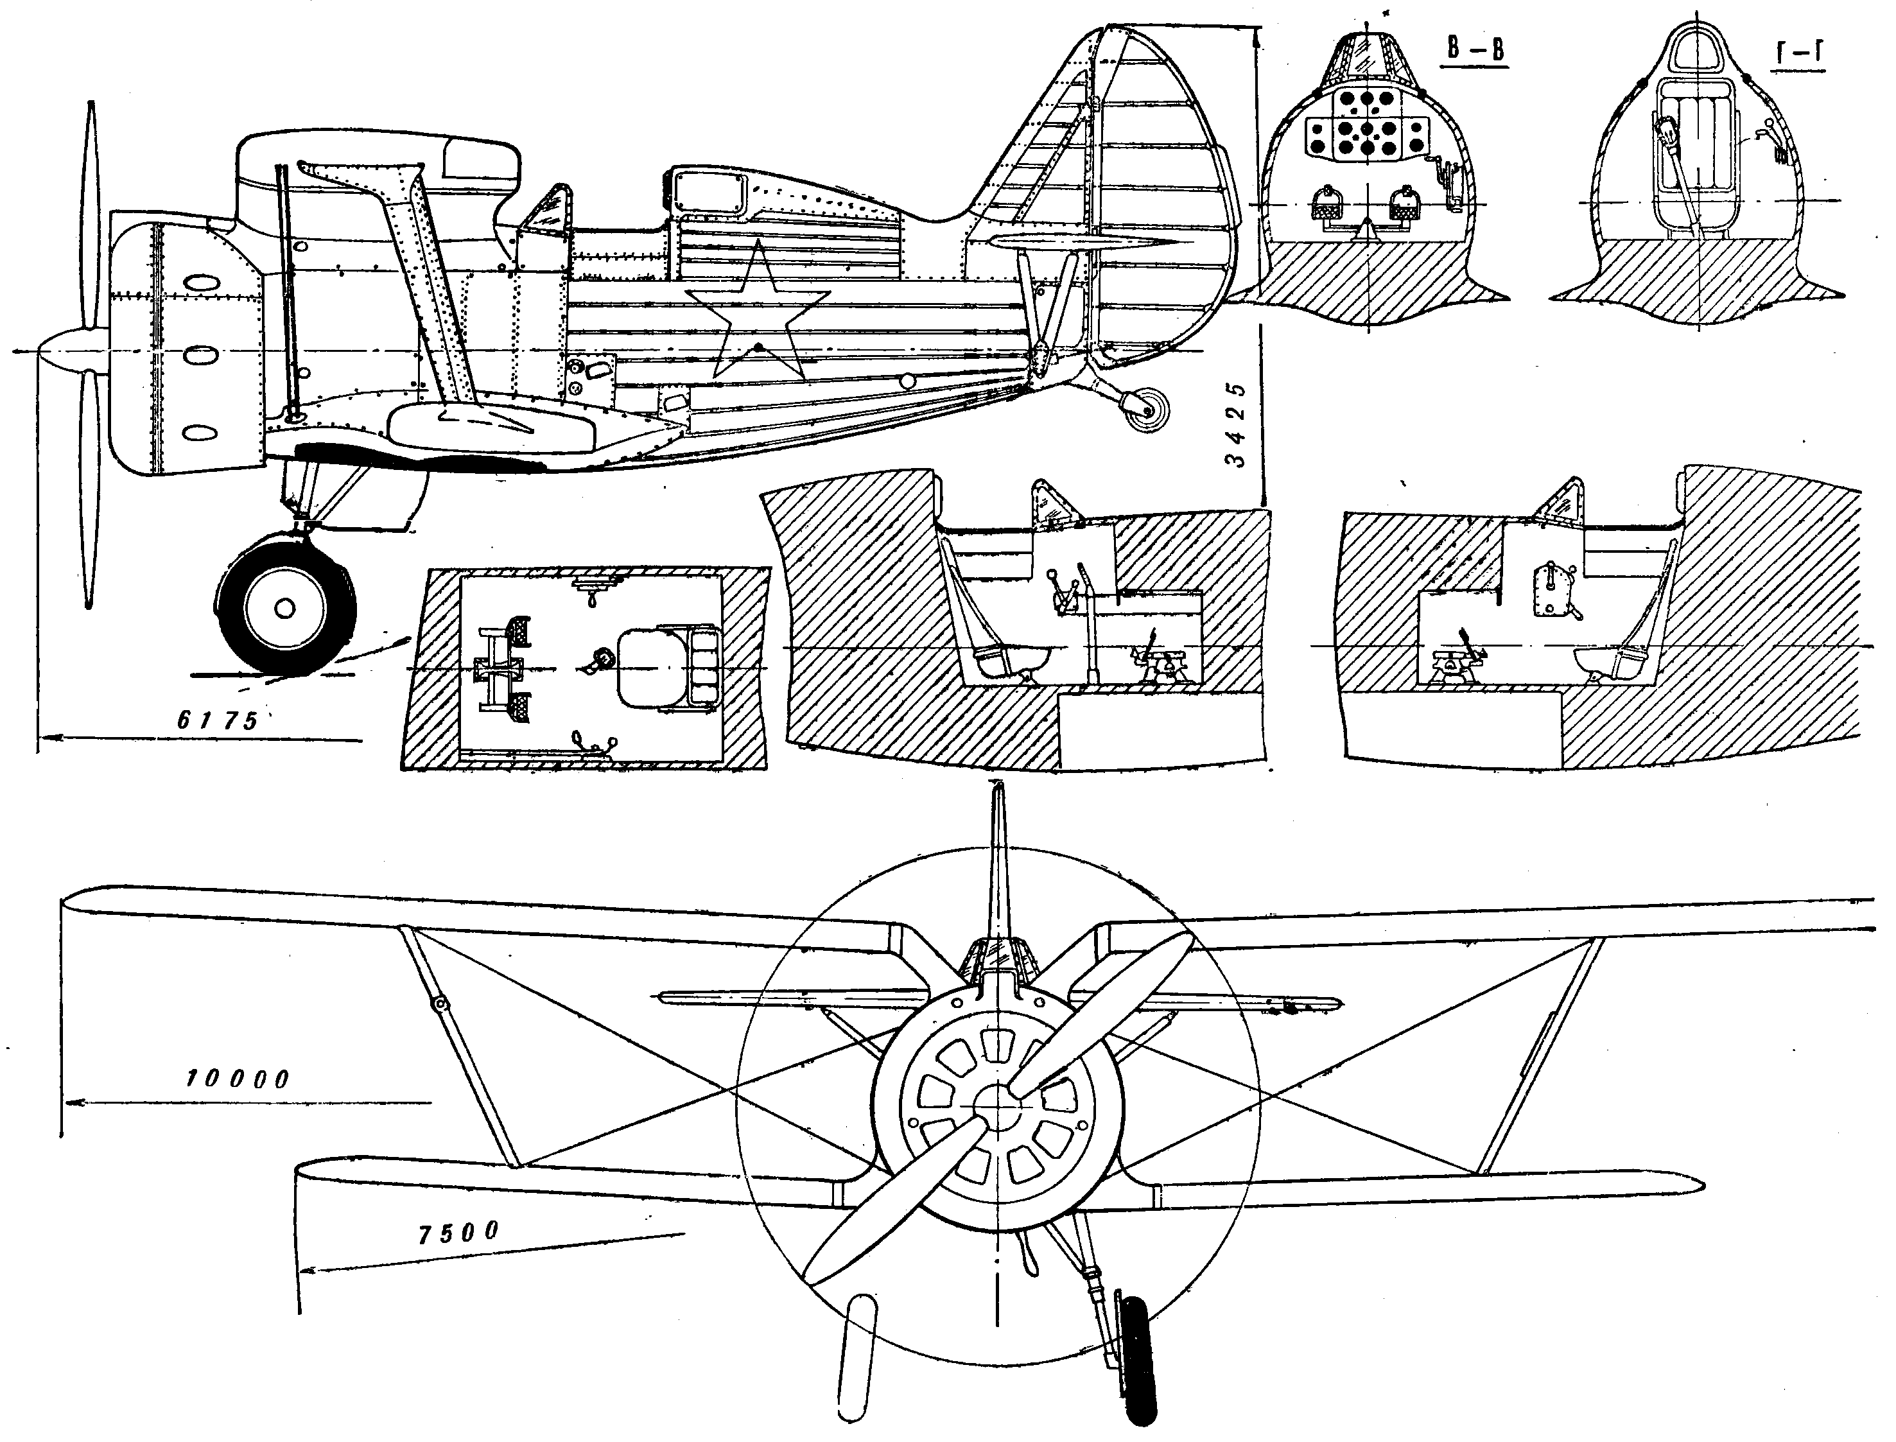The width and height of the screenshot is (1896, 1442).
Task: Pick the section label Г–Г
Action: coord(1799,53)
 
